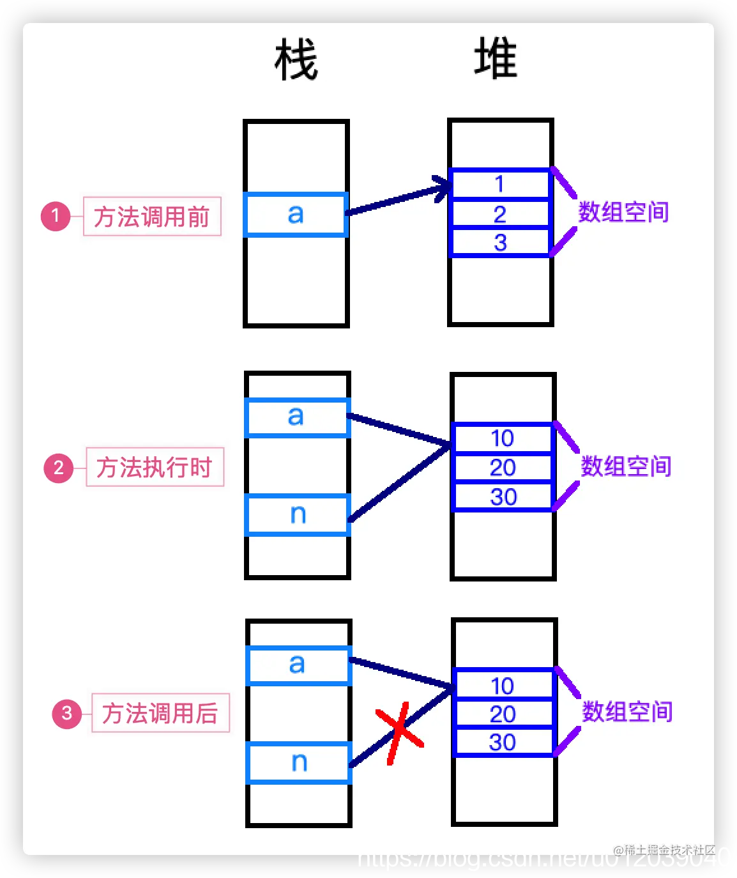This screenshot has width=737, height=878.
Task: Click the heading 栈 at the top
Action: click(296, 59)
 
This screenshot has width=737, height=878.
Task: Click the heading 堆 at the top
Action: click(496, 58)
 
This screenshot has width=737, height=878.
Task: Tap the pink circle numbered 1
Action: click(56, 216)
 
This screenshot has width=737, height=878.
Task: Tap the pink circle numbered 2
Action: click(59, 468)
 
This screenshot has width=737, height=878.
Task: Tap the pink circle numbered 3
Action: click(67, 713)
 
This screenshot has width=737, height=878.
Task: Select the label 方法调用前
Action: click(152, 217)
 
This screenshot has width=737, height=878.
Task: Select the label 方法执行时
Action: click(155, 467)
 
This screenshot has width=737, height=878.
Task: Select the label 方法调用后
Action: click(160, 713)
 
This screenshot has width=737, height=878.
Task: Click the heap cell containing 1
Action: click(499, 184)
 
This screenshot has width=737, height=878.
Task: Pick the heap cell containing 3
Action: click(499, 243)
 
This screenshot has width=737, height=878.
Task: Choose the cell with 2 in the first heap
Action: click(499, 214)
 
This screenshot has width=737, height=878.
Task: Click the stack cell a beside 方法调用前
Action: click(296, 214)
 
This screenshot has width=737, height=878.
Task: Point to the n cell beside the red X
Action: click(299, 762)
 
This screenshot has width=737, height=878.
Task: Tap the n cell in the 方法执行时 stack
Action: click(298, 514)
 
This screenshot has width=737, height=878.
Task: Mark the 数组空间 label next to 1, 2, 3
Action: click(623, 212)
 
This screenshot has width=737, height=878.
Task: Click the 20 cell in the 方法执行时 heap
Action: click(502, 468)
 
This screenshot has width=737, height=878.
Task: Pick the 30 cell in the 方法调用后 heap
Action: click(502, 742)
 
